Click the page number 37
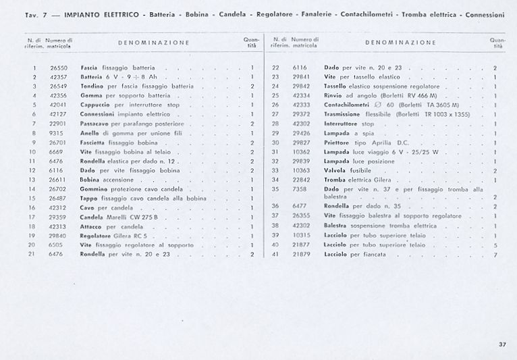(x=502, y=344)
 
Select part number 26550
(x=58, y=68)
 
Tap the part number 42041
(x=58, y=105)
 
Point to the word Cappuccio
(x=95, y=105)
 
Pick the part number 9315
(x=55, y=134)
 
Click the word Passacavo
(x=95, y=124)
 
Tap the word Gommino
(x=95, y=189)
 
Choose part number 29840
(x=58, y=236)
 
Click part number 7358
(x=300, y=189)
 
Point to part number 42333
(x=301, y=105)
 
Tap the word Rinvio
(x=334, y=96)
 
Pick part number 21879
(x=301, y=254)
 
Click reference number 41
(x=275, y=254)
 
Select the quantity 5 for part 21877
(x=495, y=245)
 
